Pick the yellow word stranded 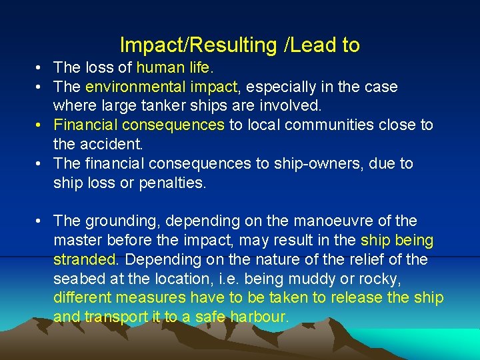pyautogui.click(x=85, y=259)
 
